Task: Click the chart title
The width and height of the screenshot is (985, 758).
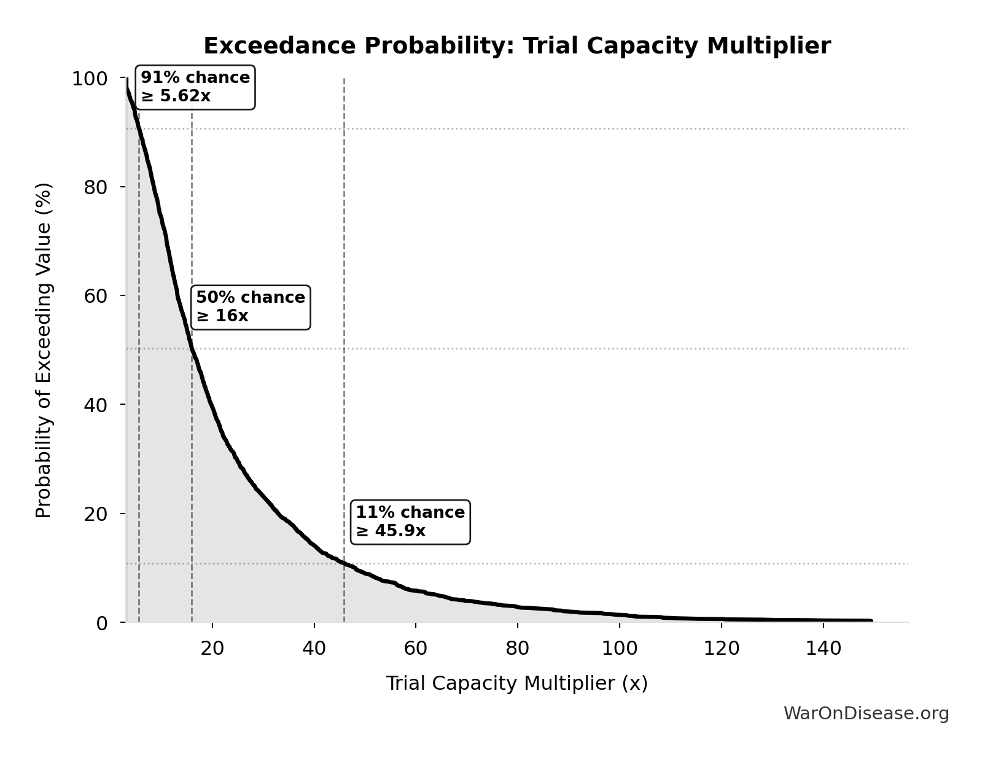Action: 516,46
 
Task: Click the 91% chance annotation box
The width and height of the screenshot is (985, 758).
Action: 195,87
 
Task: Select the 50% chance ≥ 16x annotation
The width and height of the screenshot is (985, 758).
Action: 251,307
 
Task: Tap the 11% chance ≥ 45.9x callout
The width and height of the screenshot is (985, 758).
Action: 410,522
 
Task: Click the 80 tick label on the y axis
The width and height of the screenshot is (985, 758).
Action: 96,187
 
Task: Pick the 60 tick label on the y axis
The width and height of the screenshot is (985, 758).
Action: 96,296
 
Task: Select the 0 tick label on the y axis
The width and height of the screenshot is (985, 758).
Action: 102,623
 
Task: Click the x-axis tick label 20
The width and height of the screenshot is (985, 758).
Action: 212,648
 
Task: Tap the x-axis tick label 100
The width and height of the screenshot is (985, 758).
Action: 619,648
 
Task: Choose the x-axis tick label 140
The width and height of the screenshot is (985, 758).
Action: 823,648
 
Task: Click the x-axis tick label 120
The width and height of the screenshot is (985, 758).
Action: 721,648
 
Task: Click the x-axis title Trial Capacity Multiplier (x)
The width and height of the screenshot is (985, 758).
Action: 516,684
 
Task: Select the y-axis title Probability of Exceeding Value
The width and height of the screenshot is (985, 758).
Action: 44,350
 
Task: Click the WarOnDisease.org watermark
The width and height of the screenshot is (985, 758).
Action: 866,714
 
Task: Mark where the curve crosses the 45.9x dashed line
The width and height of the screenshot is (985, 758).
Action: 344,563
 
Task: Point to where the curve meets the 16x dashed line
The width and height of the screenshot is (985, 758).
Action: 192,348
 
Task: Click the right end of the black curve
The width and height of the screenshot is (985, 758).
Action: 871,620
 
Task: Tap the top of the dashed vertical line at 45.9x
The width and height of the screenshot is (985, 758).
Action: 344,80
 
